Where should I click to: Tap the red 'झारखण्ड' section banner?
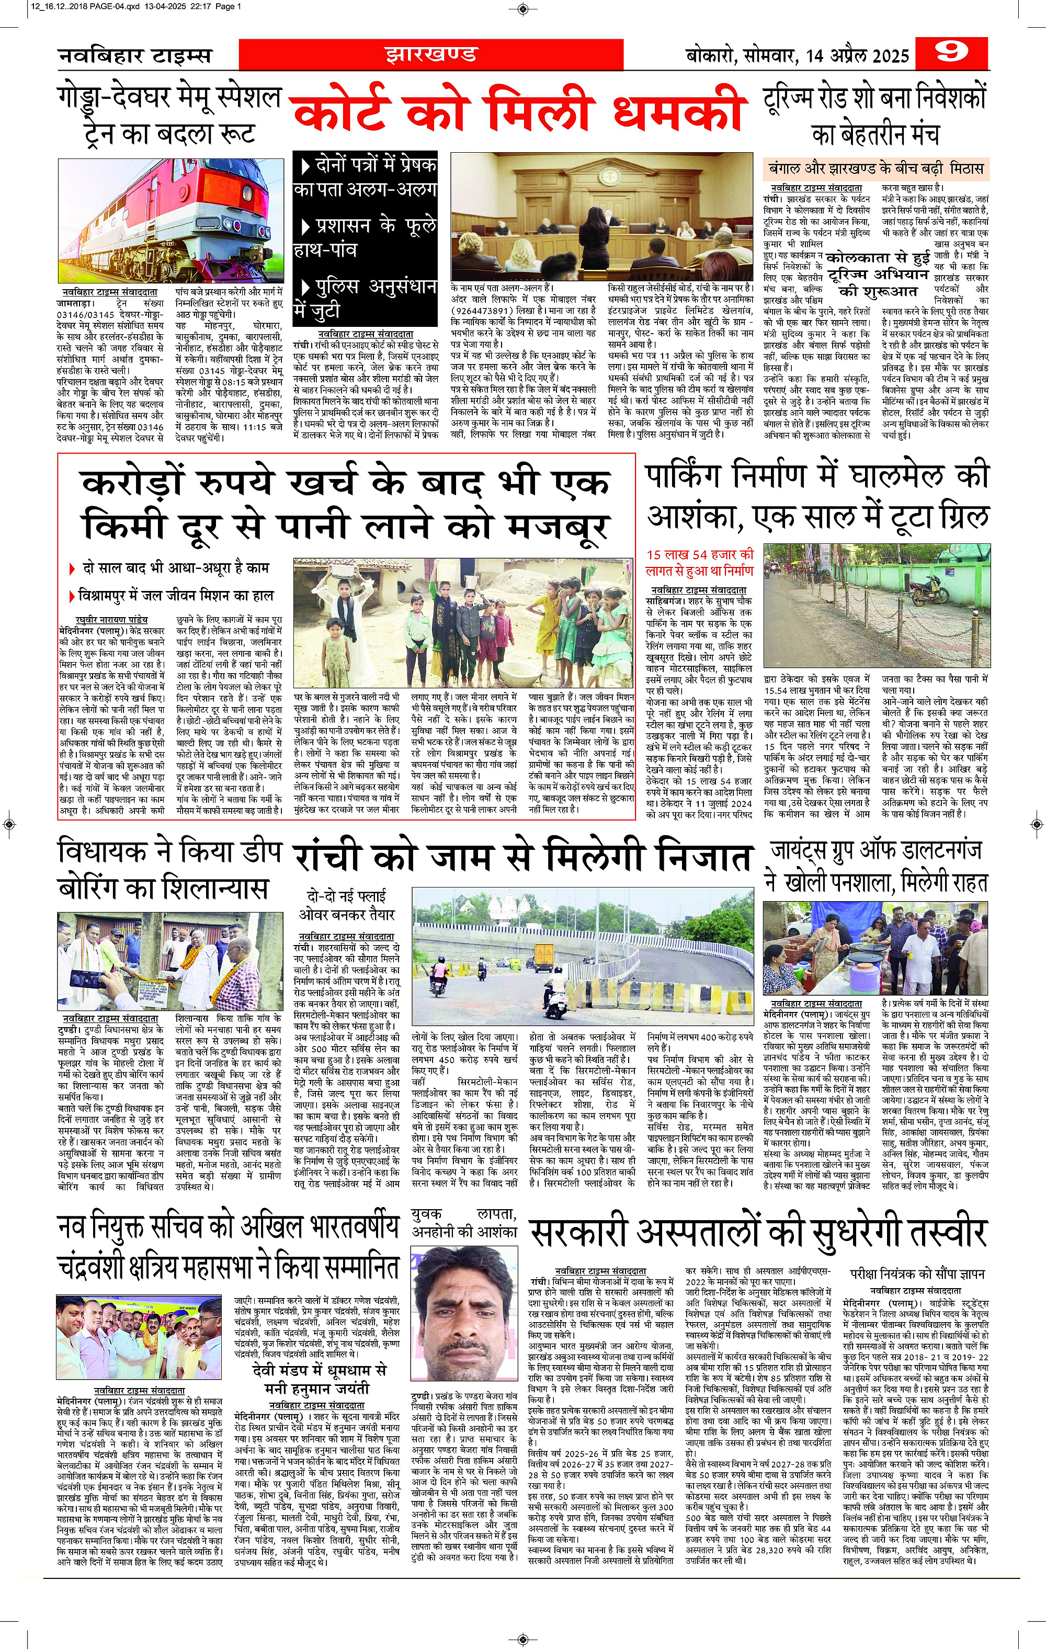click(x=430, y=54)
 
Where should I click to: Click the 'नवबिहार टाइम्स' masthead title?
click(x=135, y=55)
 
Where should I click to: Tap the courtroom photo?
click(x=601, y=217)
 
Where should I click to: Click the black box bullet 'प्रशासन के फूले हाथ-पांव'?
click(x=365, y=237)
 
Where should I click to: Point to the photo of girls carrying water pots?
click(x=464, y=618)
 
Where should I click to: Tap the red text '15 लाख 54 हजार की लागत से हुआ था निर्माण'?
click(x=699, y=562)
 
